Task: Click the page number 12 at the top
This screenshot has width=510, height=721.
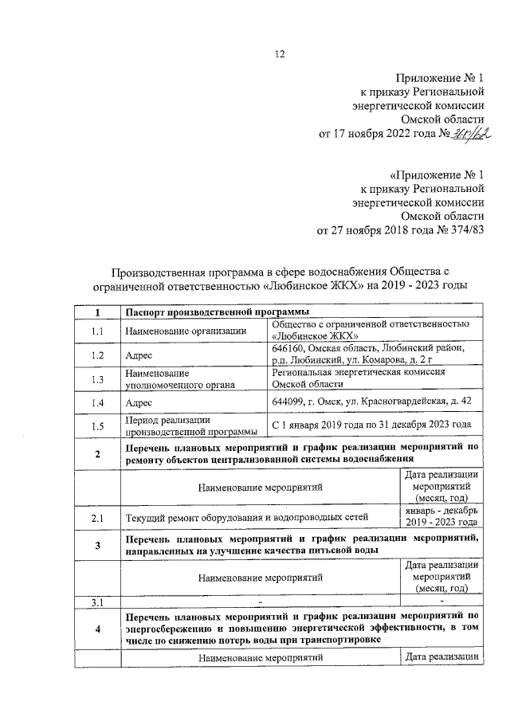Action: (x=280, y=54)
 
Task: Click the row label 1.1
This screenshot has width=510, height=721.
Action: (x=97, y=331)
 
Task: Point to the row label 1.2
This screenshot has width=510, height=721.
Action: (x=97, y=355)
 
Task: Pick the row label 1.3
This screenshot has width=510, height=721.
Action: (x=97, y=378)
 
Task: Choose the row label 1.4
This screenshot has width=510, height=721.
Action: (x=97, y=402)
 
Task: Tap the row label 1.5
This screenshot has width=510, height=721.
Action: (x=97, y=425)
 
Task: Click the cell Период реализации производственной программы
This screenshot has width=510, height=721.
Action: (x=190, y=425)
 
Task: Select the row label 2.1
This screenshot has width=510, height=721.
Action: (x=97, y=518)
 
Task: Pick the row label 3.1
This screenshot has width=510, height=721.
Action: (x=97, y=601)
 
